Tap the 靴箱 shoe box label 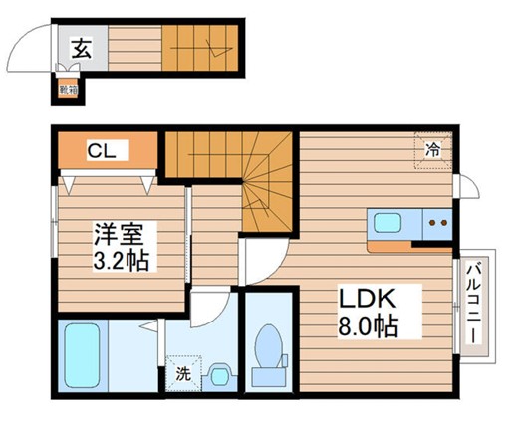coord(66,91)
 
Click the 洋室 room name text coord(119,237)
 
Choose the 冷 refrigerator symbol coord(433,152)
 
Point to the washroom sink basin coord(220,376)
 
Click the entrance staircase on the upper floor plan coord(200,47)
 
